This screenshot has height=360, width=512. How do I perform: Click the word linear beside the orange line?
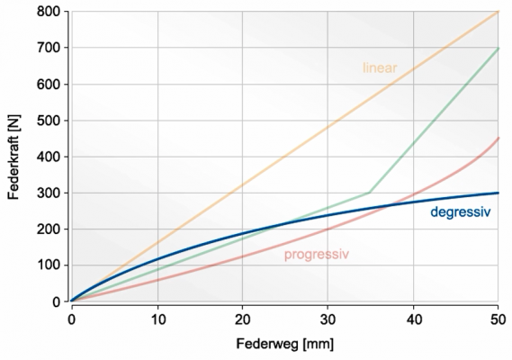coord(380,67)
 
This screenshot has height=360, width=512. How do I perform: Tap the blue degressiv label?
coord(459,212)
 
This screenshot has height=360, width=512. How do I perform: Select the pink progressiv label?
coord(316,255)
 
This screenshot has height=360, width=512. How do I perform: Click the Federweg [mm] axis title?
coord(284,345)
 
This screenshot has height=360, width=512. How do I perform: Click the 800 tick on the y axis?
coord(49,12)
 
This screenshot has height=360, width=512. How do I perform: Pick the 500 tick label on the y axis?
coord(49,121)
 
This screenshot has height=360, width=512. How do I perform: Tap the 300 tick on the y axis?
coord(49,193)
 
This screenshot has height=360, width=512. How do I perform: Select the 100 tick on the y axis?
coord(49,265)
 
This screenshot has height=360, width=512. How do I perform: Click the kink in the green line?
coord(370,193)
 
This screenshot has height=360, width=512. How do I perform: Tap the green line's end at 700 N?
coord(499,48)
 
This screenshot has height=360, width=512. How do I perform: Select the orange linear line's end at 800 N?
coord(499,12)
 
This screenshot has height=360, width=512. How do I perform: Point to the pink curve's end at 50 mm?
coord(499,139)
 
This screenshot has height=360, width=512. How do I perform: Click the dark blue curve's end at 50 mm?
coord(499,193)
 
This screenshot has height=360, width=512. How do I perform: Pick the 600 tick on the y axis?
coord(49,84)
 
